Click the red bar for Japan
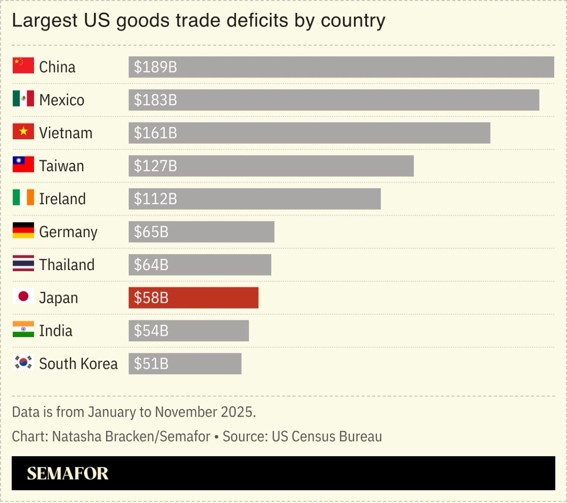coord(193,298)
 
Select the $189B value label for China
coord(155,67)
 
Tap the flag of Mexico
coord(23,99)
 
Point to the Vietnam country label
coord(65,133)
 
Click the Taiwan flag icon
coord(23,164)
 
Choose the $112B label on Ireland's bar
coord(155,199)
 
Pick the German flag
coord(23,230)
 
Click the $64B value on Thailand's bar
coord(151,265)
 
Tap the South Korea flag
coord(23,363)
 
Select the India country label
coord(56,331)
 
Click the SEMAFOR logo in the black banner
coord(67,473)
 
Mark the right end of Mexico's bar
coord(538,100)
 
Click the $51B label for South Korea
coord(151,364)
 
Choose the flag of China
coord(23,65)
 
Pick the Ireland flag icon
coord(23,197)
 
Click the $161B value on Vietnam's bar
coord(155,133)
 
